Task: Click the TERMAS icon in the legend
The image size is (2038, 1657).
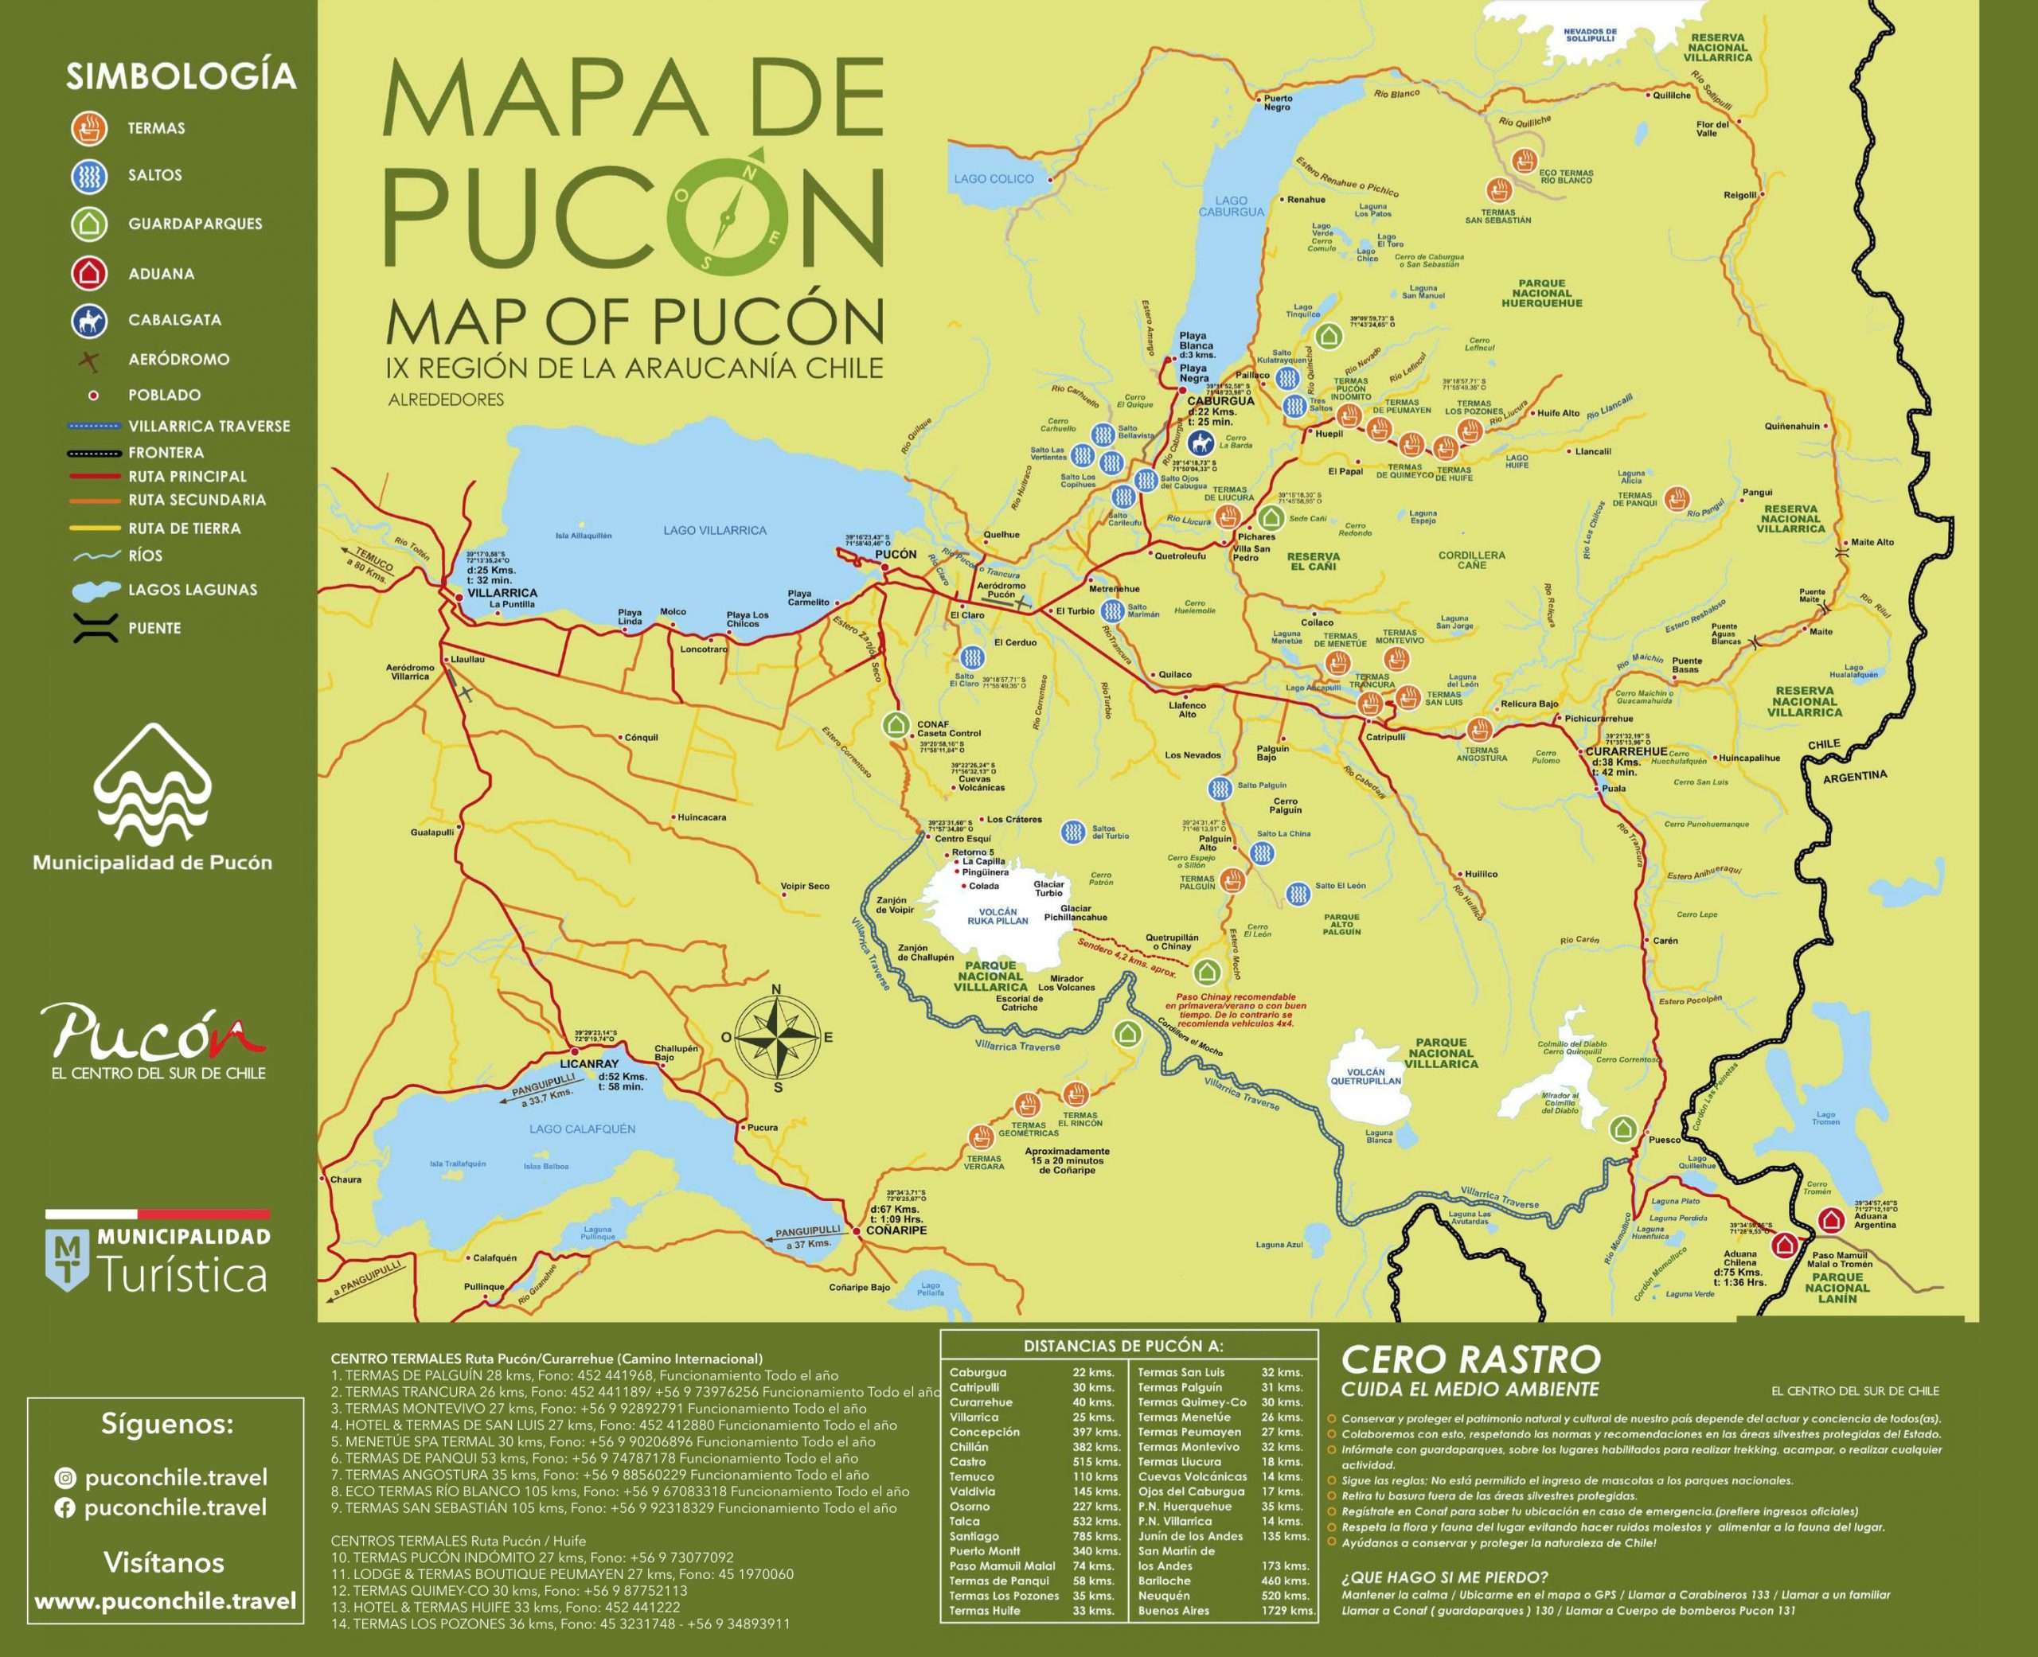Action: (89, 128)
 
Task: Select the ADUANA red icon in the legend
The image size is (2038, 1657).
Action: (89, 273)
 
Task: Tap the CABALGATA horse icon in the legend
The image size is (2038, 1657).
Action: (89, 321)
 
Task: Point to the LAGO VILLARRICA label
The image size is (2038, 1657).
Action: (714, 530)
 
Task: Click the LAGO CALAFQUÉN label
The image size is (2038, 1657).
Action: (582, 1129)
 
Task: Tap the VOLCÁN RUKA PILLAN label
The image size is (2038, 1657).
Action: (998, 916)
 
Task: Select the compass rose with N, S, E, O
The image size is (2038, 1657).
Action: (778, 1038)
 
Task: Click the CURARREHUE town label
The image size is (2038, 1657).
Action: (1626, 752)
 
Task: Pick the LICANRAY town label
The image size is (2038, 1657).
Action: (589, 1063)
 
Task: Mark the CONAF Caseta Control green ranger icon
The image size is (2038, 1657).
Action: (895, 725)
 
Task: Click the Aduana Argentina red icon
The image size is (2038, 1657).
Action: (1830, 1220)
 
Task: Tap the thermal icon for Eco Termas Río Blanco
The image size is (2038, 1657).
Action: (1525, 159)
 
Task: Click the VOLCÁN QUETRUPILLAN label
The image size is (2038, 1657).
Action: (1365, 1077)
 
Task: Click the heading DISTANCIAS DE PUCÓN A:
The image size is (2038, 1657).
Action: (1122, 1346)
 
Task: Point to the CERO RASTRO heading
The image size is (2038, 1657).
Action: (1470, 1359)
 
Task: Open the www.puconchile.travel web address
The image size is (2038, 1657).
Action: (165, 1600)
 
